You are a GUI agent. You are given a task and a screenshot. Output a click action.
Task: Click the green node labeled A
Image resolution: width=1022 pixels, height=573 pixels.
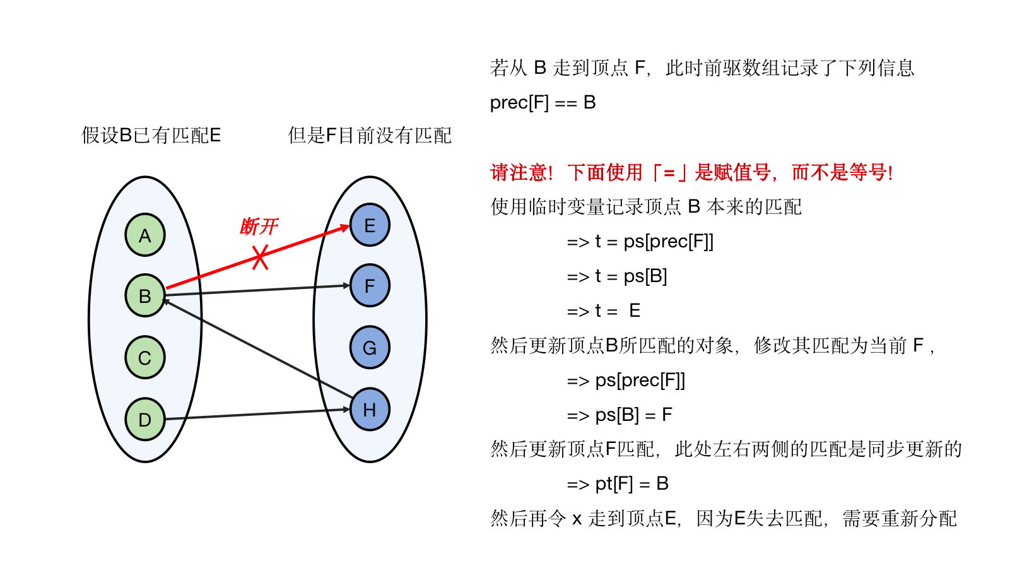click(145, 235)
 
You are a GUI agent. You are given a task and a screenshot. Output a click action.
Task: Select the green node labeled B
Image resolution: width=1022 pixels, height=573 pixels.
click(145, 295)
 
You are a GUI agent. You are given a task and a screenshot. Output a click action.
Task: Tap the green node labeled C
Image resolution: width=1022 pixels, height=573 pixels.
click(145, 357)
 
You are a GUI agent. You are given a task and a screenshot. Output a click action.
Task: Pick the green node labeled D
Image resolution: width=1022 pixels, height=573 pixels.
click(145, 419)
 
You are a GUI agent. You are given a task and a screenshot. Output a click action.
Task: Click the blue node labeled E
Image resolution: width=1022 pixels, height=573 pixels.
click(370, 225)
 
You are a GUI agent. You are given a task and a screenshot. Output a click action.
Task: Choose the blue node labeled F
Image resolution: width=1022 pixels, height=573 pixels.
click(370, 285)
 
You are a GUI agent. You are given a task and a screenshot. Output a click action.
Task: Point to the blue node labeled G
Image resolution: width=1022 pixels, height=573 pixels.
click(370, 347)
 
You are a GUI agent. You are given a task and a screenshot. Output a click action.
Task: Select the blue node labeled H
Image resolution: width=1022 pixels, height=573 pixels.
click(370, 409)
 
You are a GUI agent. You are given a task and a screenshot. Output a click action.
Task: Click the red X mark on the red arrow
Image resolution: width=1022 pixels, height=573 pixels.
click(260, 257)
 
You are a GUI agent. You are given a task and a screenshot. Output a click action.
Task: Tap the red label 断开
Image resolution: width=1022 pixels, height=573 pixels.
click(259, 227)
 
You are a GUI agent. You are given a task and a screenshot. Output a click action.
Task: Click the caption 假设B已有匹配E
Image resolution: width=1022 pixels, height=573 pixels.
click(151, 135)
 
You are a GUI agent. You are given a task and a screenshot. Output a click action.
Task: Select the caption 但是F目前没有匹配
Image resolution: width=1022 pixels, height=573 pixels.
click(370, 135)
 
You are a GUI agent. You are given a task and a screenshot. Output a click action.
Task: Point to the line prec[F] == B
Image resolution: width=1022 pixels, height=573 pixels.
click(543, 102)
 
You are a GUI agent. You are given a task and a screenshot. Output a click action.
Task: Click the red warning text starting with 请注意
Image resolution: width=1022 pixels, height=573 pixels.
click(691, 172)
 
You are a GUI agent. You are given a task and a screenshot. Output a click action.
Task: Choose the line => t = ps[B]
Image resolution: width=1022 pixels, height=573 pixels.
click(616, 276)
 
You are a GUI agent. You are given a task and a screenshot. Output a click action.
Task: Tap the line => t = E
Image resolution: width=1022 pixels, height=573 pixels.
click(603, 310)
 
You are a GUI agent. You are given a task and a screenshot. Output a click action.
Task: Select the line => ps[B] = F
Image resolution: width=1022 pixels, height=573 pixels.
click(619, 415)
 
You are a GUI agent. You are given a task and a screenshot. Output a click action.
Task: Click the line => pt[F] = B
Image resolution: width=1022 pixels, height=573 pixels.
click(617, 483)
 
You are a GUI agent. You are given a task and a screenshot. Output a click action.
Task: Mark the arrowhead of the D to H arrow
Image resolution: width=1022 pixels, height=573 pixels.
click(346, 410)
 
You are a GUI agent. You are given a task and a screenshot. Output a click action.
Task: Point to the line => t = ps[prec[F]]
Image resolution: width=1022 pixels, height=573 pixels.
click(640, 241)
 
